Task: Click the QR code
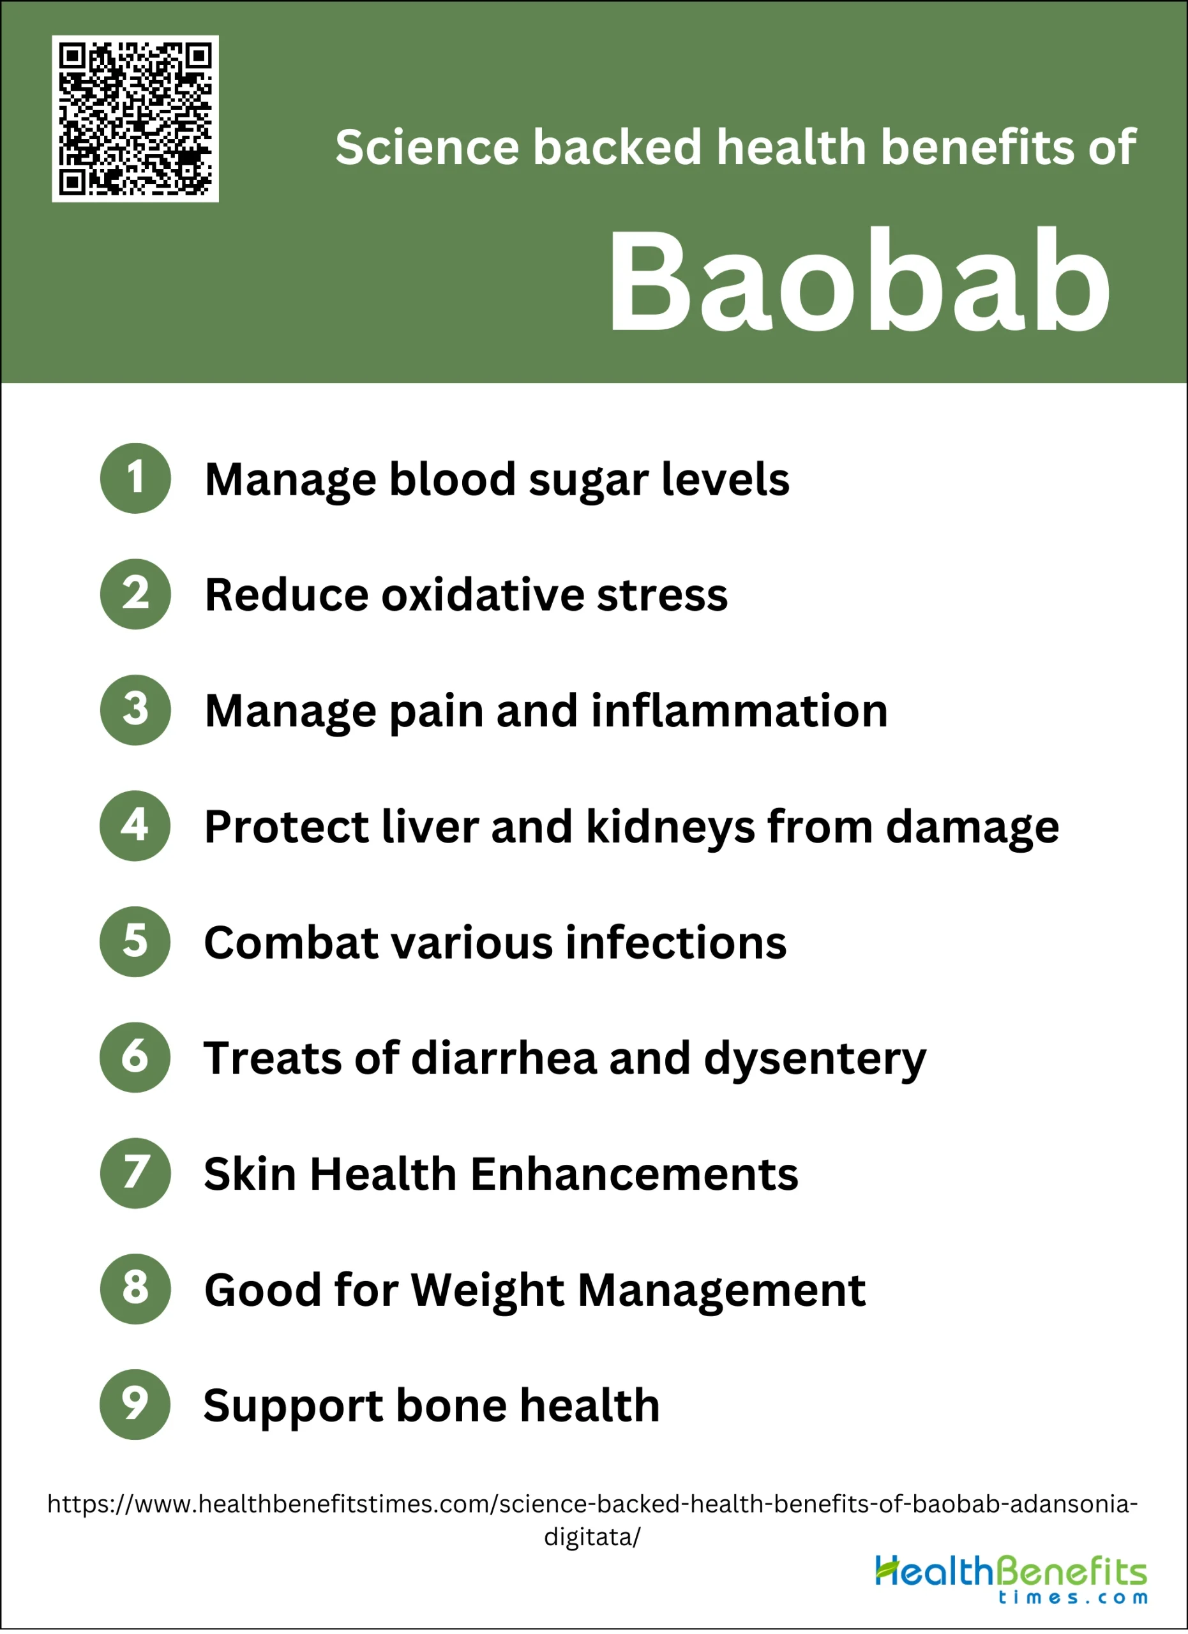pyautogui.click(x=135, y=119)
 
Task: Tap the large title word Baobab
pyautogui.click(x=859, y=281)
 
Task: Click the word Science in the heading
pyautogui.click(x=427, y=147)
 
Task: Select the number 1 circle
pyautogui.click(x=135, y=478)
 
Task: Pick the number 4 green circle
pyautogui.click(x=135, y=826)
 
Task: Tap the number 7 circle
pyautogui.click(x=135, y=1173)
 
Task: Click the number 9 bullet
pyautogui.click(x=135, y=1405)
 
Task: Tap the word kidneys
pyautogui.click(x=671, y=828)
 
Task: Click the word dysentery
pyautogui.click(x=815, y=1061)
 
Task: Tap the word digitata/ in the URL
pyautogui.click(x=592, y=1538)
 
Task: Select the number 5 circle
pyautogui.click(x=135, y=941)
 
